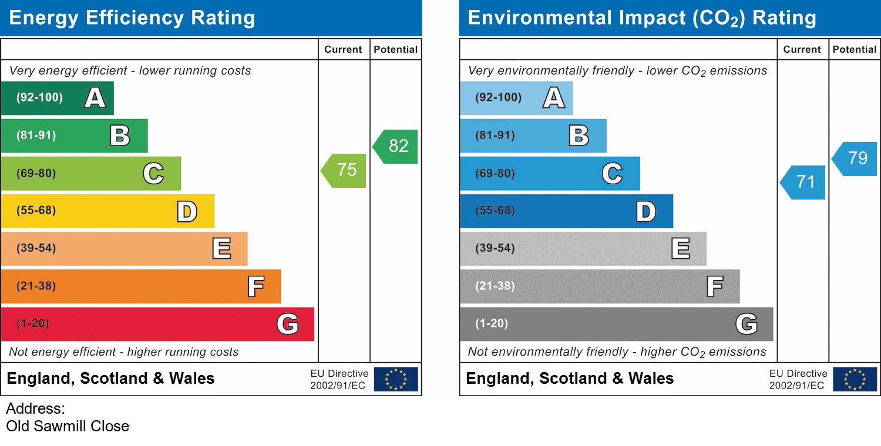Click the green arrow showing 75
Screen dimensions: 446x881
344,171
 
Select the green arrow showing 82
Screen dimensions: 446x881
396,146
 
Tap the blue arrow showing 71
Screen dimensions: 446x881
803,183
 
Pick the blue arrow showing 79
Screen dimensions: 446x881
855,158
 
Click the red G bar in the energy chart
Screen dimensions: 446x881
157,324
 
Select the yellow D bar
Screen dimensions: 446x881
107,211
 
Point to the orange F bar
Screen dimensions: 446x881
141,286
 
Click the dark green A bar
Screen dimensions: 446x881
57,98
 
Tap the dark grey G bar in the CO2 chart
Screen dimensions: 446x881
616,324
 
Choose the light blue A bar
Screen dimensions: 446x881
516,98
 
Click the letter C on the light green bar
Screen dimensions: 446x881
153,174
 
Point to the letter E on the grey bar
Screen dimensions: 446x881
681,249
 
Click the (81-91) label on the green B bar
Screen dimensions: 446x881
36,136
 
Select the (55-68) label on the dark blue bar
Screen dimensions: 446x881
495,211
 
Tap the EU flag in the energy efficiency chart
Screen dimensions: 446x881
396,379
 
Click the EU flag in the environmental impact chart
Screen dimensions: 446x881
855,379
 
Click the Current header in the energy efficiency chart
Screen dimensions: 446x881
343,50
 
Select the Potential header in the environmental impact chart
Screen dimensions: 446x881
855,50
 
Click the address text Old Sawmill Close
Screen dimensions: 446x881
68,426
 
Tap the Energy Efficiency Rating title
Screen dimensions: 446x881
132,18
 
